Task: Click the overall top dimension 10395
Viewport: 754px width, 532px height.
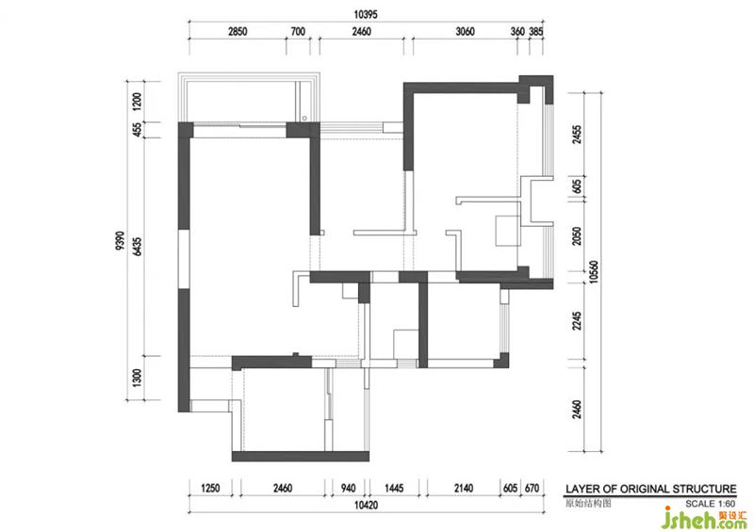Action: coord(366,14)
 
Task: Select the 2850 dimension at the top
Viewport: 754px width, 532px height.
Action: coord(238,32)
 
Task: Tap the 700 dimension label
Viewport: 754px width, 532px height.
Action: coord(298,32)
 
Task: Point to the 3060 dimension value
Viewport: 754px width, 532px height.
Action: coord(465,32)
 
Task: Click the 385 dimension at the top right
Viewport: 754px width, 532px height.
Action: coord(536,32)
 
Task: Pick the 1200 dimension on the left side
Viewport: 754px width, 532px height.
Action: coord(137,102)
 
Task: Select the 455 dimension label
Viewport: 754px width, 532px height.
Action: coord(137,130)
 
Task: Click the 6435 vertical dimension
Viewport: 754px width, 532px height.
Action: coord(137,247)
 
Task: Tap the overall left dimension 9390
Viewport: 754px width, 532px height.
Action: coord(120,241)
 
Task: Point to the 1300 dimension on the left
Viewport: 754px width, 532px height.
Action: coord(137,379)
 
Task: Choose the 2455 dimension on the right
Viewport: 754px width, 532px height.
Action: coord(577,135)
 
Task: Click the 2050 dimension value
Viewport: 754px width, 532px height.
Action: coord(577,236)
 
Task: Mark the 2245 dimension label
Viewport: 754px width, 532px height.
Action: coord(577,321)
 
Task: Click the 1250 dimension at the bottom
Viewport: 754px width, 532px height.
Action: coord(210,489)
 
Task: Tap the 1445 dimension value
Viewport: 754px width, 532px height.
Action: coord(394,489)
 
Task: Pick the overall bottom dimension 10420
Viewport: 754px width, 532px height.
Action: coord(366,505)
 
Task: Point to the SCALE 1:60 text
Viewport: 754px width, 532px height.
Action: coord(711,504)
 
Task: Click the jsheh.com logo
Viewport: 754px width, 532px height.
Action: coord(704,518)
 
